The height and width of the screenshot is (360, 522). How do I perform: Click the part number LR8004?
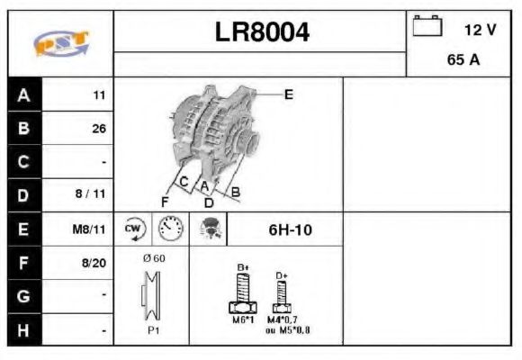[x=262, y=33]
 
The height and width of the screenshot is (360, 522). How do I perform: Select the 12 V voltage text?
[x=480, y=30]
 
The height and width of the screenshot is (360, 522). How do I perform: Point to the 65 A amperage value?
[x=462, y=61]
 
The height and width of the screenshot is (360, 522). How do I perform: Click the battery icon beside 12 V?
[x=427, y=27]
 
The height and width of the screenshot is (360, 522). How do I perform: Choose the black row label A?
[x=23, y=94]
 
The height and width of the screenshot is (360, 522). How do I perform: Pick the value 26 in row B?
[x=99, y=128]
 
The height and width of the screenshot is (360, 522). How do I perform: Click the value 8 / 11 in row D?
[x=93, y=194]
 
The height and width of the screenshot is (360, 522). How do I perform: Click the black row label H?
[x=23, y=330]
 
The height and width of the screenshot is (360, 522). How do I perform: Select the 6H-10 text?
[x=291, y=229]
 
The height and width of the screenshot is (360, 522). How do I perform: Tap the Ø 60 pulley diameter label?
[x=154, y=258]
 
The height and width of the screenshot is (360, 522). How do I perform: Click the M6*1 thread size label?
[x=243, y=320]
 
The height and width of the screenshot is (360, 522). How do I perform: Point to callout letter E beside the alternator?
[x=289, y=93]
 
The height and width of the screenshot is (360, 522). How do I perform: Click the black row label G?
[x=23, y=296]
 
